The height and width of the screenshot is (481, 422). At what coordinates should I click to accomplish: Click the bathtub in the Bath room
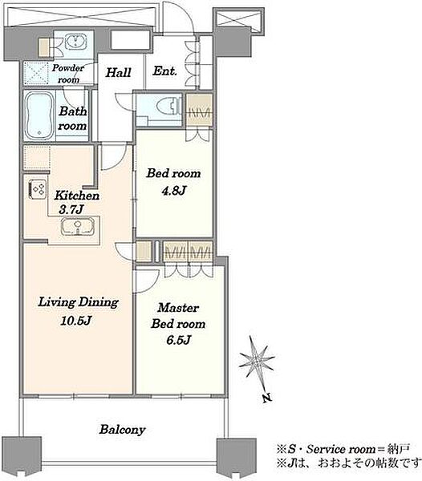click(x=38, y=116)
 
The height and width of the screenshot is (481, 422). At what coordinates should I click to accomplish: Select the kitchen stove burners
click(x=37, y=188)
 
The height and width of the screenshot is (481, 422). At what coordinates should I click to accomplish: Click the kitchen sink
click(x=78, y=227)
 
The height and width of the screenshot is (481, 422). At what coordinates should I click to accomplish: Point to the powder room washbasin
click(x=76, y=42)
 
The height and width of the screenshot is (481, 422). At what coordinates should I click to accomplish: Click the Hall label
click(x=118, y=73)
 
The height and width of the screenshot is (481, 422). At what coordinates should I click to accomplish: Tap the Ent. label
click(x=164, y=71)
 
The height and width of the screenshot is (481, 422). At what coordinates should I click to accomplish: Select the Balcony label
click(x=122, y=430)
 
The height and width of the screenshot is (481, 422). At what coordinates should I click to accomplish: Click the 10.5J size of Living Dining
click(x=75, y=321)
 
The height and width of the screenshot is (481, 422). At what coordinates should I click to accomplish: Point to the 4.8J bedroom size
click(x=174, y=191)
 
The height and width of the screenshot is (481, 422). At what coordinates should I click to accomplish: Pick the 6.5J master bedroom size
click(x=179, y=340)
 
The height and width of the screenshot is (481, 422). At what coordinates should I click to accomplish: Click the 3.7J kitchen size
click(x=71, y=210)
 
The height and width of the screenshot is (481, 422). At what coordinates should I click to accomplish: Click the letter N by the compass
click(x=267, y=398)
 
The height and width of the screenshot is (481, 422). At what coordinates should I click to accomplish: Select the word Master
click(x=178, y=308)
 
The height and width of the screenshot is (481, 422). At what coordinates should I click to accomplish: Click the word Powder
click(x=68, y=68)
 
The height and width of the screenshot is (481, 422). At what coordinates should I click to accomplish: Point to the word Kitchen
click(x=77, y=196)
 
